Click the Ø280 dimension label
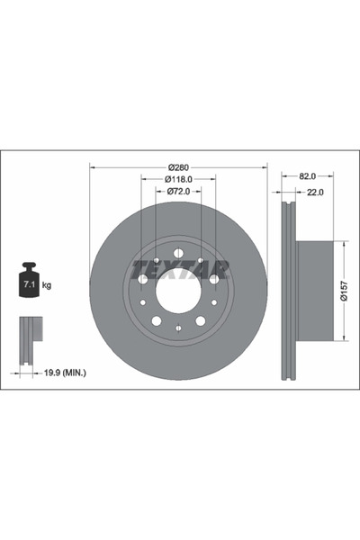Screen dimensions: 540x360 click(x=178, y=166)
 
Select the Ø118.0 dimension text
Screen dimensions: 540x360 click(x=178, y=179)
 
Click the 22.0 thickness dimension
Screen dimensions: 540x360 click(x=314, y=192)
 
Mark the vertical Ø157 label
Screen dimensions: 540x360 click(x=345, y=290)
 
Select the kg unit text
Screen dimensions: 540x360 click(x=47, y=285)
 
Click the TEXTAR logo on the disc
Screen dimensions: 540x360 click(x=179, y=268)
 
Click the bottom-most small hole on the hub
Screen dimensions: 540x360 click(x=177, y=327)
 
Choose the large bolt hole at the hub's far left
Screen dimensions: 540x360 click(x=142, y=279)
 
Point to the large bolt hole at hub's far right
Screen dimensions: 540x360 click(x=214, y=279)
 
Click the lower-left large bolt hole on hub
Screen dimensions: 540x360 click(x=156, y=320)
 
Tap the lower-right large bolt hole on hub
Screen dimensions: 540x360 click(x=201, y=320)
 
